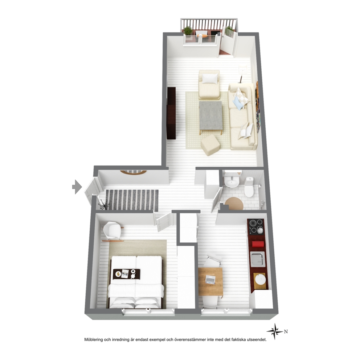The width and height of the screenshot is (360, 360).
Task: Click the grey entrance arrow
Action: (77, 187)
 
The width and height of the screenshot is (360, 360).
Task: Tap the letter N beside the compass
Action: (286, 332)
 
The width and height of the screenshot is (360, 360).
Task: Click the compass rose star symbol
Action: (275, 331)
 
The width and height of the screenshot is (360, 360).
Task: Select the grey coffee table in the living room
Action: (211, 115)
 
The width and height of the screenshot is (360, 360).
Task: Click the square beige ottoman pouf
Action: (210, 145)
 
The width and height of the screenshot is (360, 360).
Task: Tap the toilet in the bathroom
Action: (249, 187)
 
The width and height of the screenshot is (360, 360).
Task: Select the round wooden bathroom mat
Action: (234, 204)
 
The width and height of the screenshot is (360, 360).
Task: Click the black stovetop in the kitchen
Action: (256, 226)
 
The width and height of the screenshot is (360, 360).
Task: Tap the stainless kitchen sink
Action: (258, 259)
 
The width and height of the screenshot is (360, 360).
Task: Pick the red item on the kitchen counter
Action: (258, 244)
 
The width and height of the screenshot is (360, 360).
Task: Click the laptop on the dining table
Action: (210, 279)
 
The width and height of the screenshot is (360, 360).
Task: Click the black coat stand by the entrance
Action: (103, 204)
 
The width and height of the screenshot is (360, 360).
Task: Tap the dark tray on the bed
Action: (127, 274)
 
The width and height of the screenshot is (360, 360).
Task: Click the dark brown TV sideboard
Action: (171, 113)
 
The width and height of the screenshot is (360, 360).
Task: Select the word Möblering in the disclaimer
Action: (93, 340)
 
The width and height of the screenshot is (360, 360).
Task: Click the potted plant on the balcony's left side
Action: (188, 31)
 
